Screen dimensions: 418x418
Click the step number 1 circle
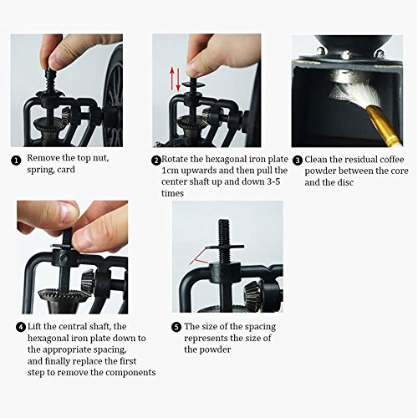(16, 161)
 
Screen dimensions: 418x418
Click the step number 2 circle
(156, 161)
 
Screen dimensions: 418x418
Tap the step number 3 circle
(298, 161)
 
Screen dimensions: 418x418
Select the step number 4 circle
(21, 327)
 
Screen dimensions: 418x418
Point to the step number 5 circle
(176, 327)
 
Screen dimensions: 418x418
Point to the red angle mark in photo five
(199, 257)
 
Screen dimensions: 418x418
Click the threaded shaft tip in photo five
(224, 221)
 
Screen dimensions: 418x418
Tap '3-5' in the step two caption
(273, 181)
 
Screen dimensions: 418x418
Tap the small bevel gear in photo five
(252, 294)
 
